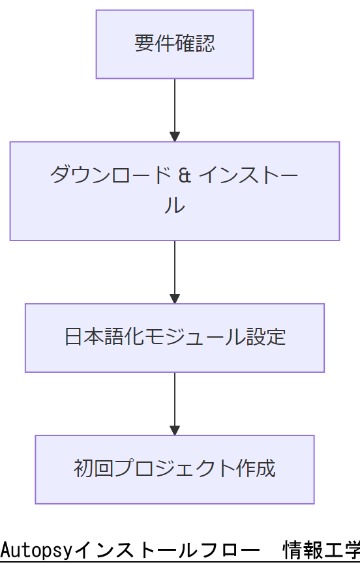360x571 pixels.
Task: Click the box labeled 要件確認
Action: point(174,44)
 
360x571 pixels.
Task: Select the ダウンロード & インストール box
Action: point(174,191)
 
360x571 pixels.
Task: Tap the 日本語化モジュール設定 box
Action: point(174,338)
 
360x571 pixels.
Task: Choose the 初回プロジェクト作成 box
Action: point(174,469)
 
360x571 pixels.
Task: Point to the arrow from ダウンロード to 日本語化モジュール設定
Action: point(174,272)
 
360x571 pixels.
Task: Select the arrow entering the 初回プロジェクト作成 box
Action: point(174,403)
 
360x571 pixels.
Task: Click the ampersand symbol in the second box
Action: point(185,175)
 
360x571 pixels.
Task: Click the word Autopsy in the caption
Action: point(37,551)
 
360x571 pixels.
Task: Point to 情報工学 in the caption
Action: point(321,551)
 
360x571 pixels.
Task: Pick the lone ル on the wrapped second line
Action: point(174,207)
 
